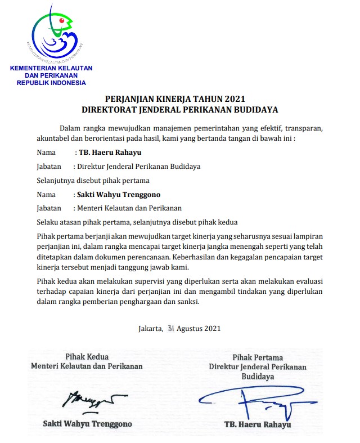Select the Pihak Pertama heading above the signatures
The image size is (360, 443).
[x=257, y=357]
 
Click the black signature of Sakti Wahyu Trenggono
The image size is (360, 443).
[x=89, y=399]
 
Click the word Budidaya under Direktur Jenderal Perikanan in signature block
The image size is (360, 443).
[x=258, y=377]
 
